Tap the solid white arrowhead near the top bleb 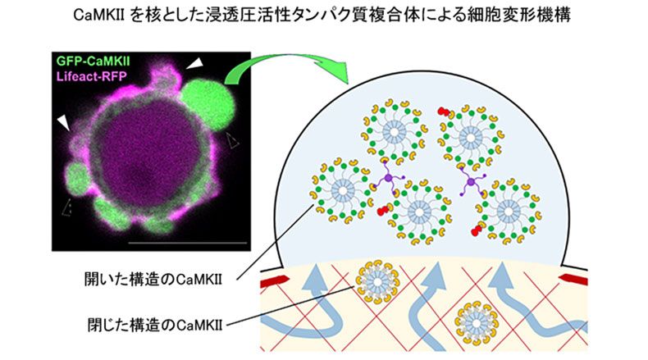pyautogui.click(x=194, y=62)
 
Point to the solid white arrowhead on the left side pyautogui.click(x=62, y=121)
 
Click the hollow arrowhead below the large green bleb pyautogui.click(x=235, y=142)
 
